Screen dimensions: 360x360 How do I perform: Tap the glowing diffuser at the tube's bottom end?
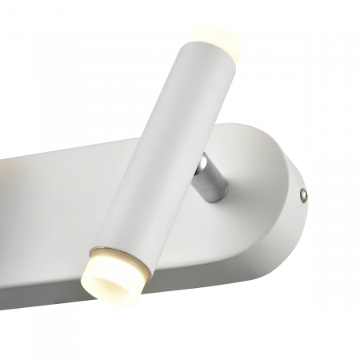tap(112, 272)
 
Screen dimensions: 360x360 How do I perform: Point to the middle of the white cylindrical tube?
tap(164, 152)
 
